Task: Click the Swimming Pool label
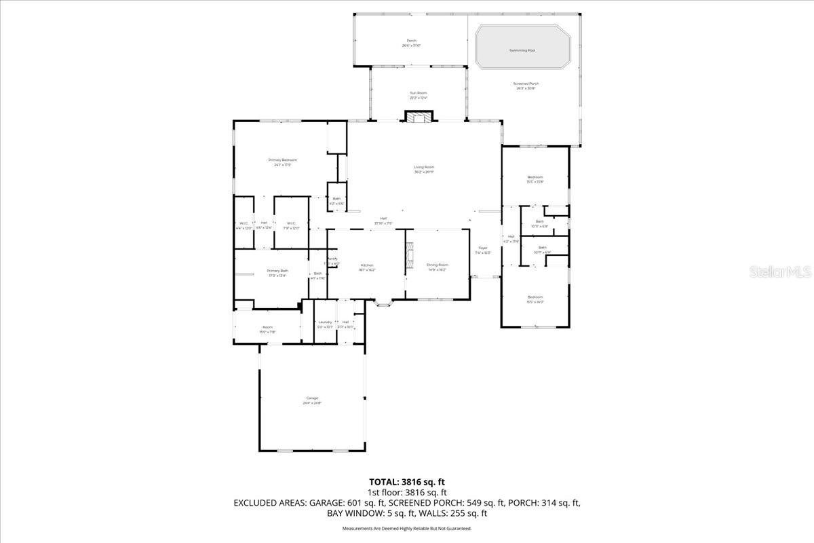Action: point(522,50)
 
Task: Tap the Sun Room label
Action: point(419,93)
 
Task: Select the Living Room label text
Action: point(424,167)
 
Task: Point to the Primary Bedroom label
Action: point(282,160)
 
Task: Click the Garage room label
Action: point(312,398)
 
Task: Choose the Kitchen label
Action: point(367,265)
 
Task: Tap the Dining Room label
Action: point(438,265)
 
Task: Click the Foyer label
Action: point(483,248)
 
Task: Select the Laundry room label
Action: point(325,322)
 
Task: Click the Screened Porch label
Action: point(526,83)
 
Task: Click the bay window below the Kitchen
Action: point(385,304)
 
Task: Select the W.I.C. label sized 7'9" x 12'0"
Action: point(290,228)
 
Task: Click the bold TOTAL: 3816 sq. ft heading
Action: point(406,482)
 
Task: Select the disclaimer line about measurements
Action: point(406,528)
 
